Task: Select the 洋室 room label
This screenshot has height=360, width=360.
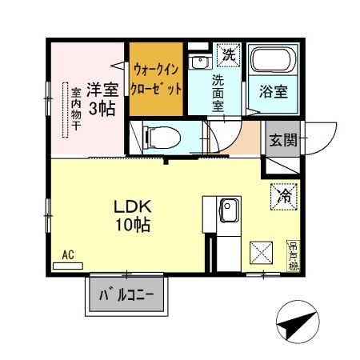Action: click(x=102, y=88)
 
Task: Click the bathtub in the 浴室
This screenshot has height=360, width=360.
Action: click(x=273, y=61)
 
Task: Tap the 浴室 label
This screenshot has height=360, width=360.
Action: click(x=273, y=91)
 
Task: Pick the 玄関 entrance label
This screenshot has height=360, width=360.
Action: click(x=282, y=140)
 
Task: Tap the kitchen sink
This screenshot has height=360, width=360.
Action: click(x=227, y=210)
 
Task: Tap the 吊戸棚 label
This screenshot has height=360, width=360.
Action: click(x=294, y=254)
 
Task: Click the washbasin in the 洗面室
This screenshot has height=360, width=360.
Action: click(x=198, y=63)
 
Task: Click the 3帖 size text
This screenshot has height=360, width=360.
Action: click(x=101, y=107)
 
